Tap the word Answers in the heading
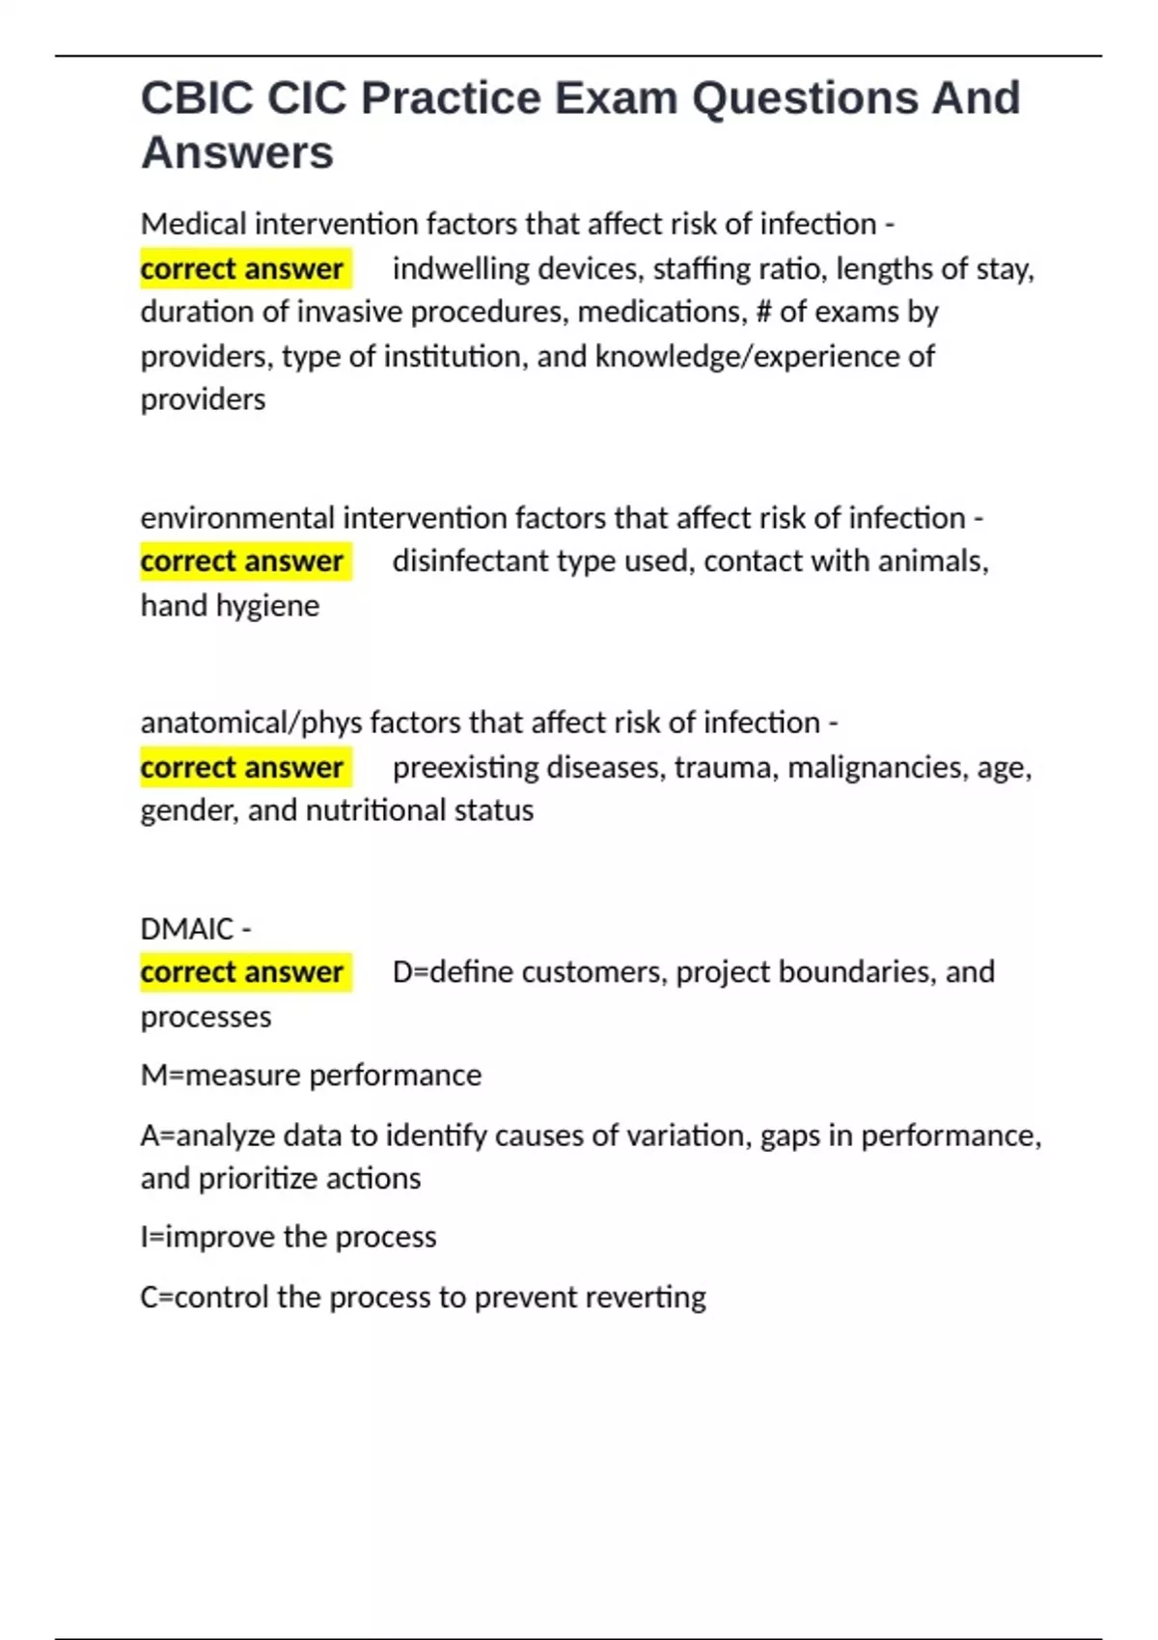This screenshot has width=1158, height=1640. [x=237, y=152]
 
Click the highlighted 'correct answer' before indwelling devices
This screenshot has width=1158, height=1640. [x=242, y=268]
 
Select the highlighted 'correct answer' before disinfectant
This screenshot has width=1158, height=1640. [x=242, y=561]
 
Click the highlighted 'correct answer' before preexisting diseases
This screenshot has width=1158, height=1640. [x=242, y=768]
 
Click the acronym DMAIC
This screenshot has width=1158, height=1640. [x=187, y=929]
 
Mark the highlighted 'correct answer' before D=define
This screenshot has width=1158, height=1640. [x=242, y=972]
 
